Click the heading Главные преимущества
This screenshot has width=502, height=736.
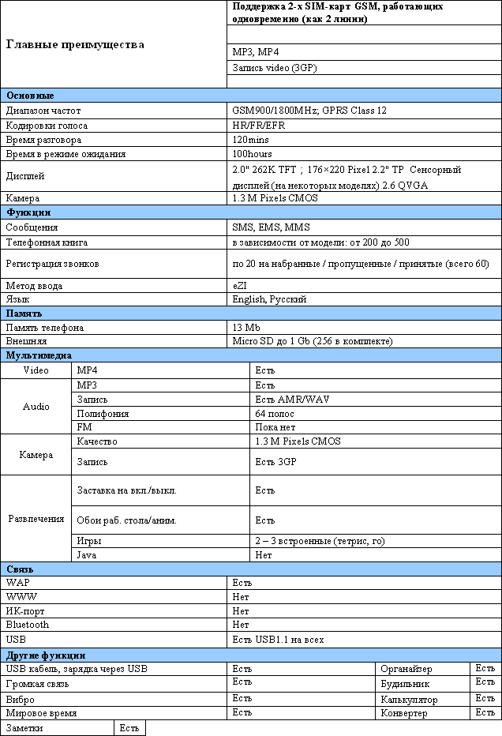point(75,44)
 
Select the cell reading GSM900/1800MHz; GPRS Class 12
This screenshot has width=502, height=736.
point(309,111)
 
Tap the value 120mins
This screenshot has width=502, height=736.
point(251,140)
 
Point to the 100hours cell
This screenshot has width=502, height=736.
point(253,154)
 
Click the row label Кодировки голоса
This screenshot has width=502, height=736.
point(47,126)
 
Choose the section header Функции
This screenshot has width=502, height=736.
point(29,212)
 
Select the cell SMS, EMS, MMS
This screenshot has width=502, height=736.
point(271,227)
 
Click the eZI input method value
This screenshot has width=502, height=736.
point(240,286)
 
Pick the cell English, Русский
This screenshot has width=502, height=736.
point(269,300)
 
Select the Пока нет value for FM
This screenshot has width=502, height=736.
point(275,427)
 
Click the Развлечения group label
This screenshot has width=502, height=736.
point(36,519)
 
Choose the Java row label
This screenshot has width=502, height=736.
point(85,555)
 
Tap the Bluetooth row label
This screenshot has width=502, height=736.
point(28,625)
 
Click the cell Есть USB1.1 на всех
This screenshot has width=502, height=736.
point(278,639)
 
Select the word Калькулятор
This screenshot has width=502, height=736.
point(408,699)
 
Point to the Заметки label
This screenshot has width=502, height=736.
point(24,728)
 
